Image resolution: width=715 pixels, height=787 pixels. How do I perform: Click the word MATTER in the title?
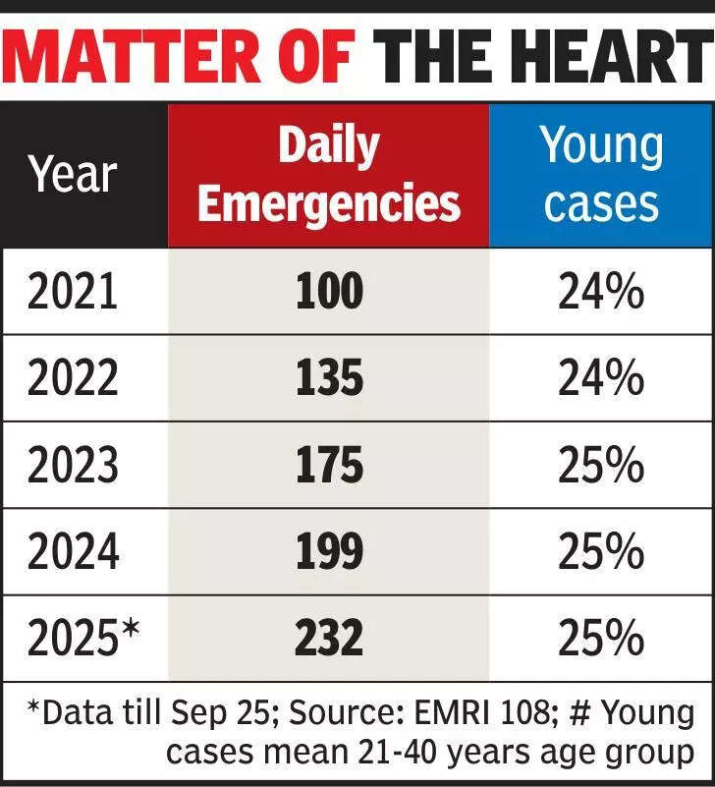pos(131,56)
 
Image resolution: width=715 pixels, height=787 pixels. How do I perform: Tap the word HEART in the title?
pos(611,56)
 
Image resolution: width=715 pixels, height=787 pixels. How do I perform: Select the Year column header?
pos(73,174)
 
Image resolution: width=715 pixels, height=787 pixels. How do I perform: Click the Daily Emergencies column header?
pos(329,174)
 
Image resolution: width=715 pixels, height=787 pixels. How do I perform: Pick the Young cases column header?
pos(601,174)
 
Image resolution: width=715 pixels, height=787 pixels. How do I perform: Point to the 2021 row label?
pos(73,291)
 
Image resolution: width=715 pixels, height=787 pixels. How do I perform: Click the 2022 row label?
pos(73,377)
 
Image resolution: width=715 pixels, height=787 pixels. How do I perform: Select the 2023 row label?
pos(73,465)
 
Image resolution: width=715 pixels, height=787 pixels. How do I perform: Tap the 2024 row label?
pos(73,551)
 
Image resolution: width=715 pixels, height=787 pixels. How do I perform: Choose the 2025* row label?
pos(83,637)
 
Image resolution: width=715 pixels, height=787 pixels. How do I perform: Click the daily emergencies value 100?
pos(329,291)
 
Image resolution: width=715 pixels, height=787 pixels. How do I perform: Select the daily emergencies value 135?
pos(329,377)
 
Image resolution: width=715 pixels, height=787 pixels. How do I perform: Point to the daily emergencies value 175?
pos(329,465)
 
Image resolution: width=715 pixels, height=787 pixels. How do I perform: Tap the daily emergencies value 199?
pos(329,551)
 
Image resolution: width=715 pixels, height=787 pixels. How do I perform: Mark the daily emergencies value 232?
pos(329,638)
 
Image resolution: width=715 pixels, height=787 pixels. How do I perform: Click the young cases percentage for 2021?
pos(601,291)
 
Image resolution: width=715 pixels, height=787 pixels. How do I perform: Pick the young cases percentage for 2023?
pos(601,465)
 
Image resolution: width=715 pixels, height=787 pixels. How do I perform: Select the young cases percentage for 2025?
pos(601,638)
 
